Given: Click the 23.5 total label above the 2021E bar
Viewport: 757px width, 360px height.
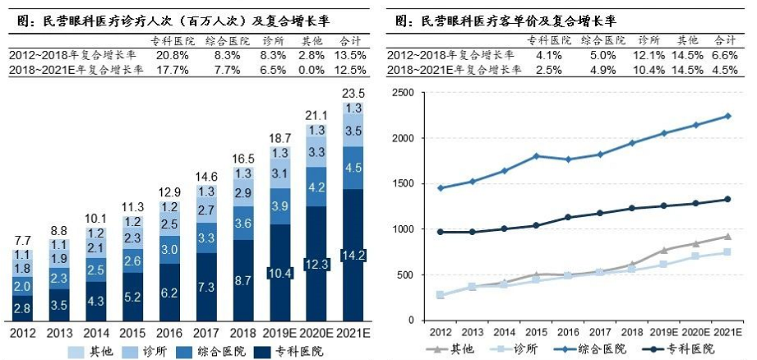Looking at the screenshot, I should click(353, 93).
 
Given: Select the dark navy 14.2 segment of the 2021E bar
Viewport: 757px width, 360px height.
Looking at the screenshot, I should click(353, 255).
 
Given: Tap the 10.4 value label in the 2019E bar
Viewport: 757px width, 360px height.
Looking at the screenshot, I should click(279, 272).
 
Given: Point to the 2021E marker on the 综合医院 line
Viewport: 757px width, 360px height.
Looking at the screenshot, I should click(727, 116).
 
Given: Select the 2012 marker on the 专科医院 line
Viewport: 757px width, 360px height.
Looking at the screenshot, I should click(441, 232).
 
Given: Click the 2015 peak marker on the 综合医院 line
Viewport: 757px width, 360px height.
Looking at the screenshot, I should click(536, 155).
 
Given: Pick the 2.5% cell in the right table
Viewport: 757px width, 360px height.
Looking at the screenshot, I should click(548, 70).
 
